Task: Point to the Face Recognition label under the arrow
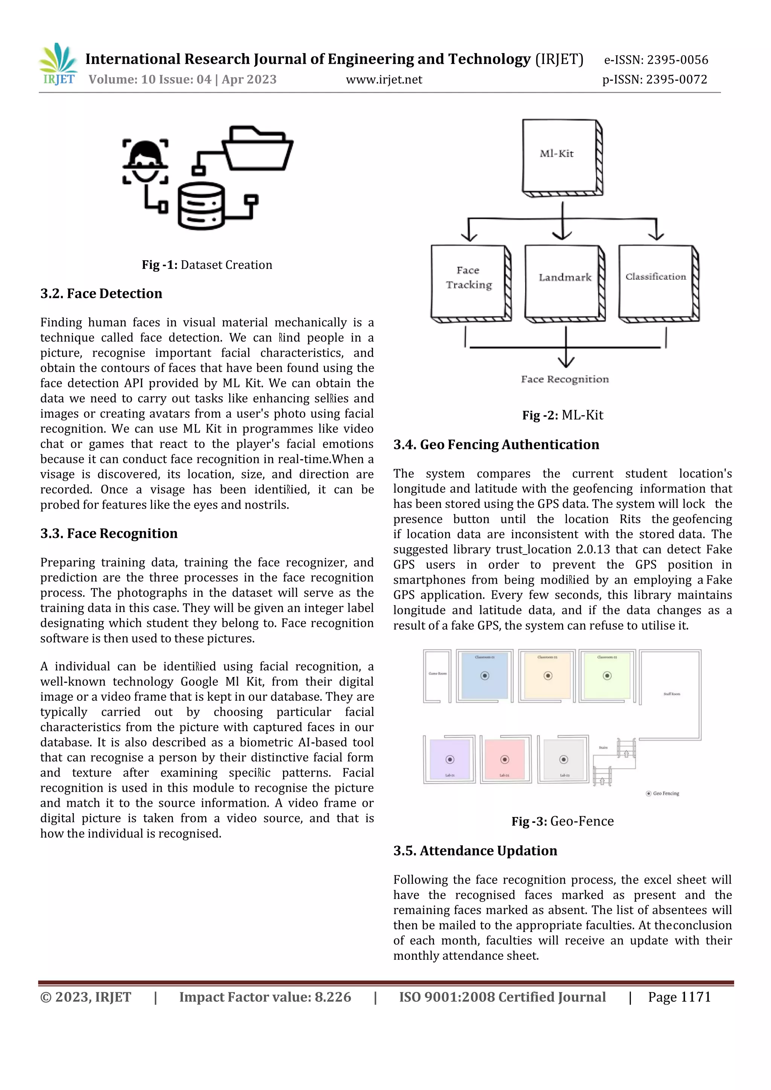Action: point(564,379)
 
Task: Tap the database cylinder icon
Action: point(201,206)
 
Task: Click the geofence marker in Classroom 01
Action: point(485,676)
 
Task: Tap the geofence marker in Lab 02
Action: point(505,760)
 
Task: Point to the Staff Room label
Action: point(671,694)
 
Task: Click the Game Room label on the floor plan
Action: point(437,673)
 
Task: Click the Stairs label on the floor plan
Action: point(603,747)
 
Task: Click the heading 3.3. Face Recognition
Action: point(109,534)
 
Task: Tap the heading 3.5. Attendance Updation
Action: point(475,851)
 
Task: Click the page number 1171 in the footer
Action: point(695,997)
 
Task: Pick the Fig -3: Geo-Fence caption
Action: point(562,821)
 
